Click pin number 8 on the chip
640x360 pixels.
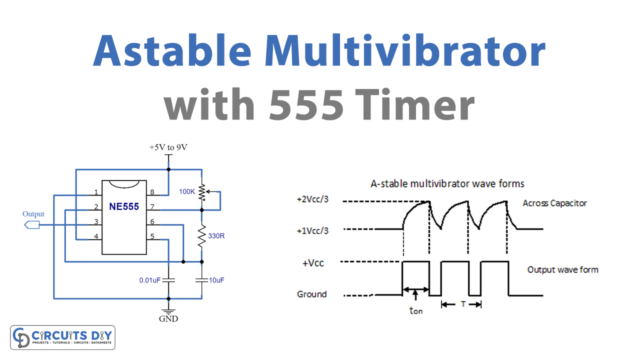[152, 193]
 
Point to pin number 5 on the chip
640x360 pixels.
[152, 236]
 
